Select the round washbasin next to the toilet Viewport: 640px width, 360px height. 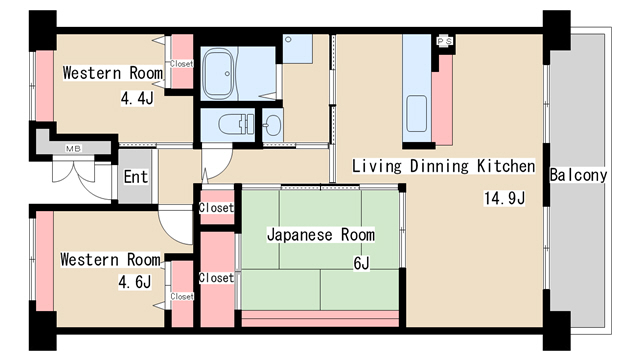click(x=272, y=124)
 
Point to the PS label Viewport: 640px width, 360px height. click(x=445, y=41)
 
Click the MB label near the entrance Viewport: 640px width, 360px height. click(x=73, y=149)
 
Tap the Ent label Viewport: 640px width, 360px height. click(x=135, y=178)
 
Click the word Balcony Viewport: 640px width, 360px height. click(x=578, y=175)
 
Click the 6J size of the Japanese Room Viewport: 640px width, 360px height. click(x=361, y=263)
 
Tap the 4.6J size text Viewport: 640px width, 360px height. click(x=134, y=282)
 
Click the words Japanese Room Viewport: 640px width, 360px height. click(x=320, y=235)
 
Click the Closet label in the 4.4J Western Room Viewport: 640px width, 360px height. click(x=181, y=63)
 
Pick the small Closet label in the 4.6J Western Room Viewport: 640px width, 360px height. click(x=181, y=296)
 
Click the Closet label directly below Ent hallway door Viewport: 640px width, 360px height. click(x=216, y=208)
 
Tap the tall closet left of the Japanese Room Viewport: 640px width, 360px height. click(x=216, y=278)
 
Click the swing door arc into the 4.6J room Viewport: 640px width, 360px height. click(x=178, y=230)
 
